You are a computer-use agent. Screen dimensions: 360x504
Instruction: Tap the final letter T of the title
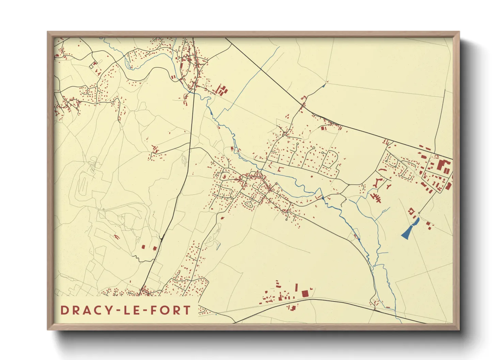[187, 310]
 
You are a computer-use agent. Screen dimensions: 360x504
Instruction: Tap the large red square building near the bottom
[305, 293]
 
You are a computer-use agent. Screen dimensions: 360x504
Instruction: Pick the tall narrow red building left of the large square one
[296, 287]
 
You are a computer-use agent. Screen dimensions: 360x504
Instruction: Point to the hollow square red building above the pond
[411, 211]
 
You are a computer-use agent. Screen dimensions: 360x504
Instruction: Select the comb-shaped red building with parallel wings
[376, 198]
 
